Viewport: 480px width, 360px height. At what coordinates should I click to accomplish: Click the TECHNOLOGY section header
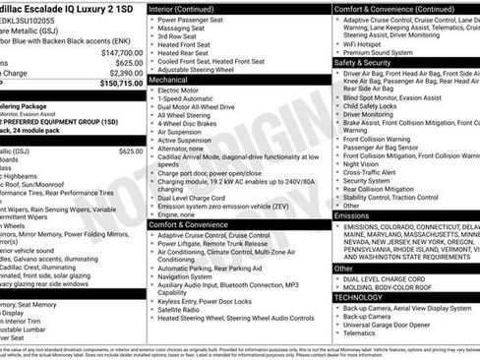tap(359, 296)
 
